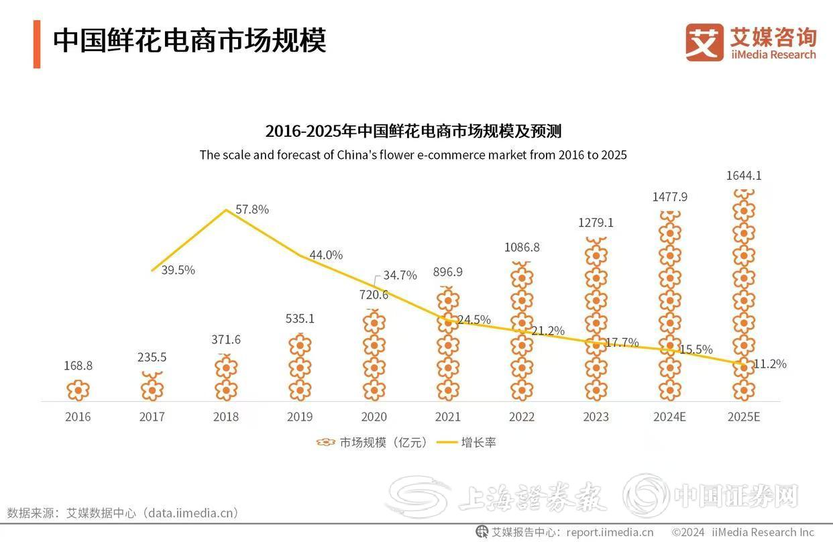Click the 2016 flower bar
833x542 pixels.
pyautogui.click(x=78, y=390)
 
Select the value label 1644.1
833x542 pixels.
pyautogui.click(x=743, y=176)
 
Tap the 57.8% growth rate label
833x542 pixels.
pyautogui.click(x=252, y=209)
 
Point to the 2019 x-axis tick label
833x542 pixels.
pyautogui.click(x=300, y=417)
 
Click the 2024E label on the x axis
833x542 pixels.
pyautogui.click(x=669, y=417)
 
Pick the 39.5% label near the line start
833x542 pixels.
pyautogui.click(x=178, y=270)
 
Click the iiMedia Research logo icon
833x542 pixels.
pyautogui.click(x=704, y=42)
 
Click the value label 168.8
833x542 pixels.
pyautogui.click(x=78, y=366)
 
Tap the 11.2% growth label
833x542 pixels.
pyautogui.click(x=769, y=364)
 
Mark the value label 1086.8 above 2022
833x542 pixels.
pyautogui.click(x=522, y=248)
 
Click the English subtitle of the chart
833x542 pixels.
pyautogui.click(x=412, y=155)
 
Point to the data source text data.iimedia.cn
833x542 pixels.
pyautogui.click(x=193, y=513)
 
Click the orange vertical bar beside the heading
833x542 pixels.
pyautogui.click(x=37, y=44)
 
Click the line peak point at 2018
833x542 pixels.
pyautogui.click(x=226, y=210)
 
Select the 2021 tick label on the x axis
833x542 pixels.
pyautogui.click(x=448, y=417)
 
